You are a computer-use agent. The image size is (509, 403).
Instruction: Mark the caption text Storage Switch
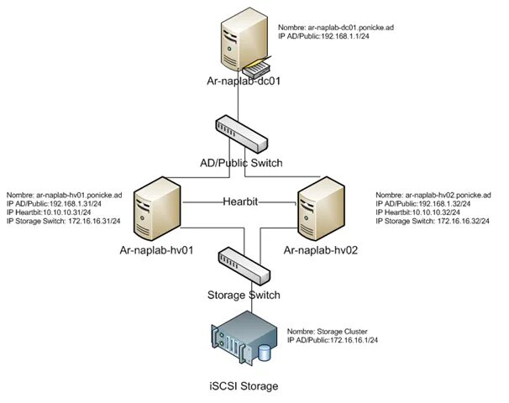pyautogui.click(x=244, y=295)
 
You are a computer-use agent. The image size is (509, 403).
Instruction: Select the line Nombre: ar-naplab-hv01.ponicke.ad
pyautogui.click(x=65, y=193)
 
